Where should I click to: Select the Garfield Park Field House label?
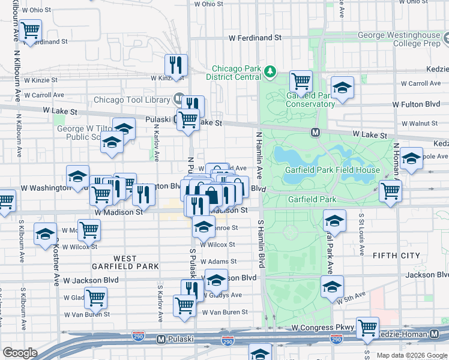click(332, 170)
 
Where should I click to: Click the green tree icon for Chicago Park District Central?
click(271, 73)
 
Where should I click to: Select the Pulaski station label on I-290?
click(179, 339)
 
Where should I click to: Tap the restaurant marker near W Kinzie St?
click(176, 65)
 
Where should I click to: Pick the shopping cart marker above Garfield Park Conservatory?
click(301, 81)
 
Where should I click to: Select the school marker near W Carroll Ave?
click(342, 88)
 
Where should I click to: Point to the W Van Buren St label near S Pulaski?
click(225, 312)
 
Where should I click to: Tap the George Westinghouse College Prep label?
click(399, 40)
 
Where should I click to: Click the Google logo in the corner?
click(20, 353)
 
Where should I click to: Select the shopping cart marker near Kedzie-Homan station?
click(367, 328)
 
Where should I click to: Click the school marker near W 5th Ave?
click(332, 287)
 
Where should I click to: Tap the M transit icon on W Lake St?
click(315, 131)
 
